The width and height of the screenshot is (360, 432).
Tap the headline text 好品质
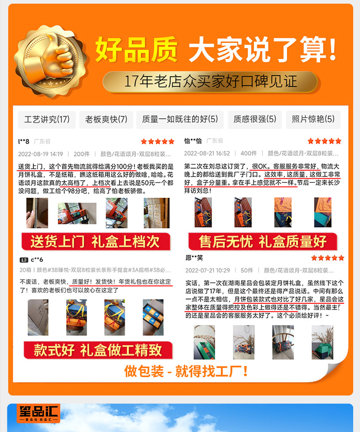point(136,50)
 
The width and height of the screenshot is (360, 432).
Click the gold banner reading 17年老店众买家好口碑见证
point(211,82)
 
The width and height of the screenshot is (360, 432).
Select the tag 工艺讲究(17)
point(47,120)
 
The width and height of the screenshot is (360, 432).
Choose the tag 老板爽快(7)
point(106,120)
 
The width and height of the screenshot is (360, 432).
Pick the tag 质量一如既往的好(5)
point(180,120)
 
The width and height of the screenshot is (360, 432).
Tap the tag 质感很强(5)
point(255,120)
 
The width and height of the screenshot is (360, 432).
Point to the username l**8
point(24,141)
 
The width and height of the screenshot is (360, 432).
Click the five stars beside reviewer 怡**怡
point(324,141)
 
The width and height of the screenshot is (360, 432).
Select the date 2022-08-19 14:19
point(41,154)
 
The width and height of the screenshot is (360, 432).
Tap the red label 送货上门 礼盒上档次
point(96,241)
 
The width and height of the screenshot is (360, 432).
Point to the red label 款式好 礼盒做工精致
point(98,350)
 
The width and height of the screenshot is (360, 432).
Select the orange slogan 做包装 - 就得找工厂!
point(186,370)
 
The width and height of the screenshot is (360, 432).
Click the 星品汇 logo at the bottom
point(39,414)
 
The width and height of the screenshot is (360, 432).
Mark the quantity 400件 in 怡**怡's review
point(248,154)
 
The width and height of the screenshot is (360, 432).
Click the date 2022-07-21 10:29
point(207,271)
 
